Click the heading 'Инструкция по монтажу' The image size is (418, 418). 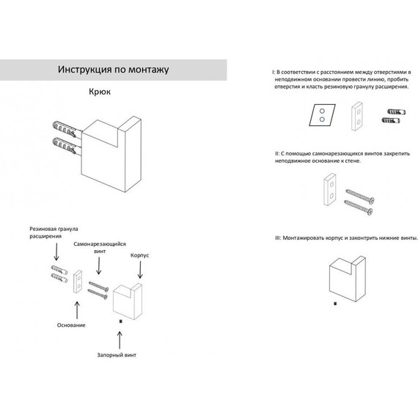(113, 70)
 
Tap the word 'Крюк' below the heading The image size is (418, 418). (100, 92)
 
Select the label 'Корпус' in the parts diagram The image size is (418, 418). (139, 255)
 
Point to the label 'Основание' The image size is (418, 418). (71, 325)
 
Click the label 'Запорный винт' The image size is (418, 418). (117, 355)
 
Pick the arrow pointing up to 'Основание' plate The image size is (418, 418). (77, 310)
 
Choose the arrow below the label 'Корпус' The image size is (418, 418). (140, 270)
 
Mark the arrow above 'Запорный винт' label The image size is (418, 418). (120, 340)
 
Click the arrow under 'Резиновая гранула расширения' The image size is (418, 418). (56, 252)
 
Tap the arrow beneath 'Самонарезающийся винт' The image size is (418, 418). (99, 265)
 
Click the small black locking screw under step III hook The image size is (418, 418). (335, 304)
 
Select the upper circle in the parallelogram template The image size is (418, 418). (322, 111)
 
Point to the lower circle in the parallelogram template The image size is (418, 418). (322, 119)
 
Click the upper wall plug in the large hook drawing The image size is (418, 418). (65, 129)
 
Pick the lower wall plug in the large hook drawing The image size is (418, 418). (65, 145)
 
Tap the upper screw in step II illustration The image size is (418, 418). (360, 196)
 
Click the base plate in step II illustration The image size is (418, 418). (330, 189)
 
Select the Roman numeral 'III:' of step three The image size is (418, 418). (278, 238)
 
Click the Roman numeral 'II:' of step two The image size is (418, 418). (277, 154)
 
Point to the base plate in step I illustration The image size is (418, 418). (356, 116)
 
